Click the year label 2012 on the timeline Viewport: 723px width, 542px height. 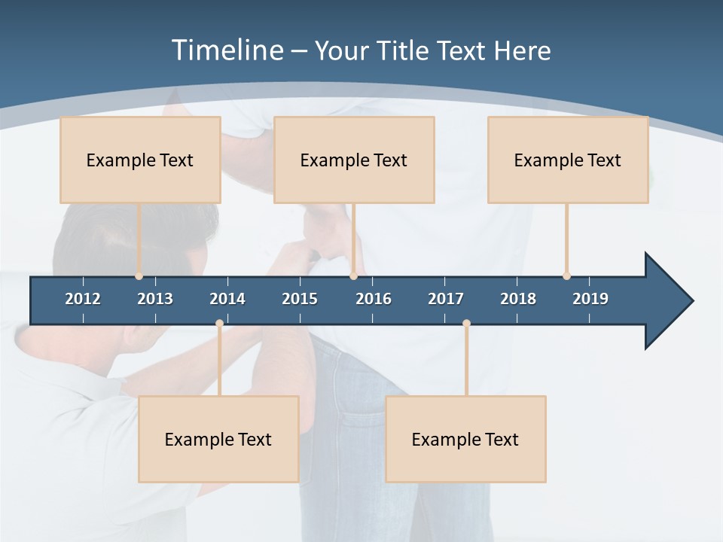point(83,299)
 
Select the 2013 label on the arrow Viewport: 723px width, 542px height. point(155,299)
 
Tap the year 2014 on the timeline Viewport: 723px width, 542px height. point(227,299)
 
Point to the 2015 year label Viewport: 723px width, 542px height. point(300,299)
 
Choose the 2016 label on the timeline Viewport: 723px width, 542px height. point(374,299)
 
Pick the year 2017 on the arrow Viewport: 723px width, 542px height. point(446,299)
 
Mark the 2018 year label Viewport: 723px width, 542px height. point(518,299)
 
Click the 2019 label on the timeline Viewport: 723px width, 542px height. point(590,299)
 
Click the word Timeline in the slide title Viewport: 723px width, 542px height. point(225,50)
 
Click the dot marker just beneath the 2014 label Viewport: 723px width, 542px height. point(219,324)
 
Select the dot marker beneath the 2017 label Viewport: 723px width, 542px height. point(466,324)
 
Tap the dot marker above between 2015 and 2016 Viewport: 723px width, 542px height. point(353,276)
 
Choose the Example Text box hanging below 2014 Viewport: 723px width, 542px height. point(218,439)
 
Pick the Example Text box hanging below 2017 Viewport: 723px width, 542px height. point(465,439)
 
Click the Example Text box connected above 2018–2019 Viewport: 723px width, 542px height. point(568,160)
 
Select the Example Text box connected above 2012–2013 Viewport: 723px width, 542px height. point(140,160)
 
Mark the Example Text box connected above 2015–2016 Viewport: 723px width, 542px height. point(354,160)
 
